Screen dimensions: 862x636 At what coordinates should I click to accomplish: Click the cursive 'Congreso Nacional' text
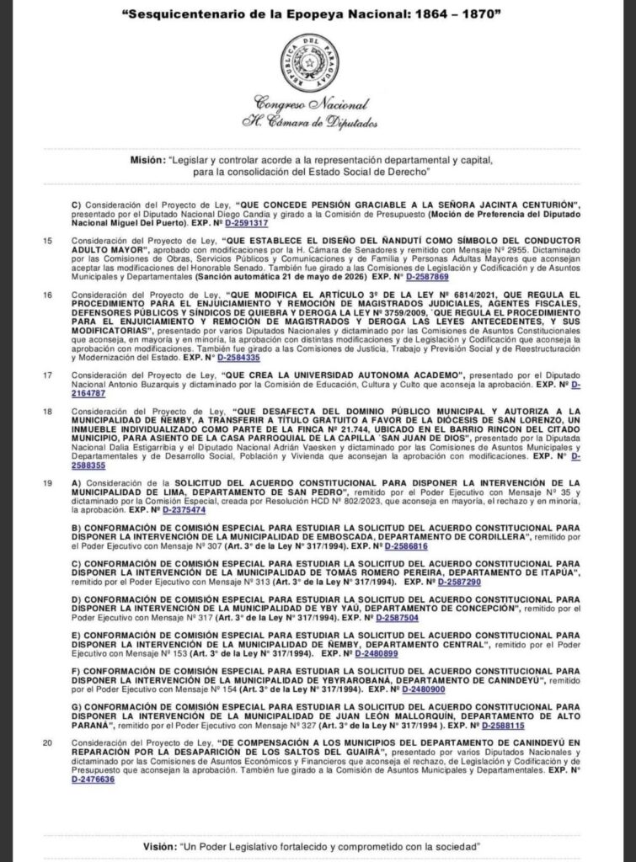point(316,105)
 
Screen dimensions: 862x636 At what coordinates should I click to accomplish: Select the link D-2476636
point(94,780)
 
